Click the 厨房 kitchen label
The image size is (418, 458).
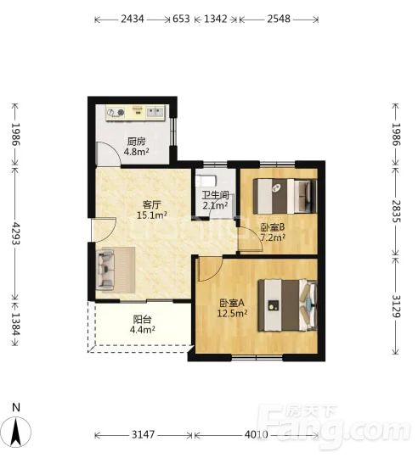[x=136, y=142]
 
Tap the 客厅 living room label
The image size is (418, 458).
[x=151, y=204]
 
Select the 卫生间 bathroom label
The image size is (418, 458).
[x=215, y=195]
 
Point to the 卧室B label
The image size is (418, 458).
[x=273, y=227]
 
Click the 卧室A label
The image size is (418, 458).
[x=232, y=303]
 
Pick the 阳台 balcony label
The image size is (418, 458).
[x=142, y=319]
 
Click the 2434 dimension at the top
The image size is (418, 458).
[x=133, y=19]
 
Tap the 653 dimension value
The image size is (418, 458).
[x=181, y=19]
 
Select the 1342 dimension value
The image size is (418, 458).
[x=216, y=19]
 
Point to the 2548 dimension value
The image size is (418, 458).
[x=279, y=19]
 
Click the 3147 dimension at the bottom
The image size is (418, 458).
[x=143, y=434]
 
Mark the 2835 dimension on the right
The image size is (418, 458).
[x=397, y=211]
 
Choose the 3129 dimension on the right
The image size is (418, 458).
[x=397, y=306]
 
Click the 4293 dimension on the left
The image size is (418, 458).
[x=15, y=234]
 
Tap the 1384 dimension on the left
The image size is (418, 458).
[x=15, y=324]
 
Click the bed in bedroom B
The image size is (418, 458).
[x=285, y=196]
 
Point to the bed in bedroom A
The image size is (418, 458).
[x=287, y=305]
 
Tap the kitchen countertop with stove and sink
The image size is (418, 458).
[x=136, y=113]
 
